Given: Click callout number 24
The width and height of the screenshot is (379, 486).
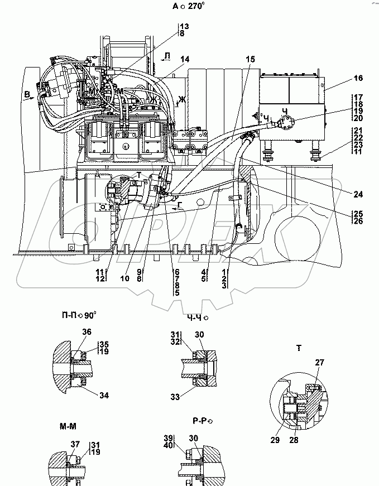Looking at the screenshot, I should (x=358, y=194).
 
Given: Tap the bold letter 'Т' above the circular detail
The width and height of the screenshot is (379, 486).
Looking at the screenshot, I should (x=300, y=349).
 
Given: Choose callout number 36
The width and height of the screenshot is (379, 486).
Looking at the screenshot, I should (x=87, y=332).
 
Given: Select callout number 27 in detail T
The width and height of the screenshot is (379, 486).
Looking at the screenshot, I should (x=319, y=363).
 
